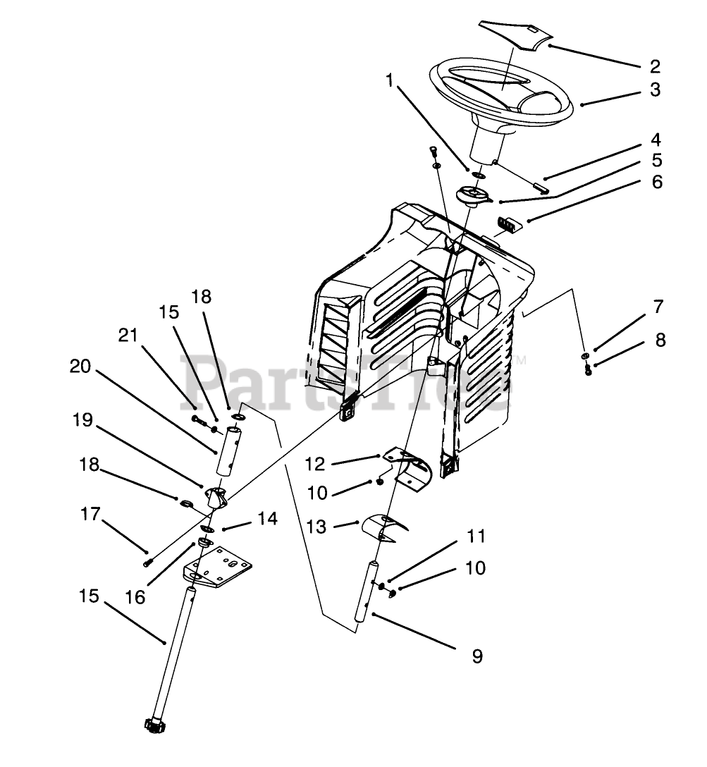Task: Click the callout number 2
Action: pyautogui.click(x=655, y=66)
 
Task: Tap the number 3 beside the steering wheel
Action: pyautogui.click(x=655, y=90)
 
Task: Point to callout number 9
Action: pyautogui.click(x=477, y=656)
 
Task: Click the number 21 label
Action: pyautogui.click(x=128, y=337)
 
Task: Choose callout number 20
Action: pyautogui.click(x=80, y=366)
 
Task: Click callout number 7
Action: pyautogui.click(x=658, y=307)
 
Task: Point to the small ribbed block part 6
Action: pyautogui.click(x=508, y=224)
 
